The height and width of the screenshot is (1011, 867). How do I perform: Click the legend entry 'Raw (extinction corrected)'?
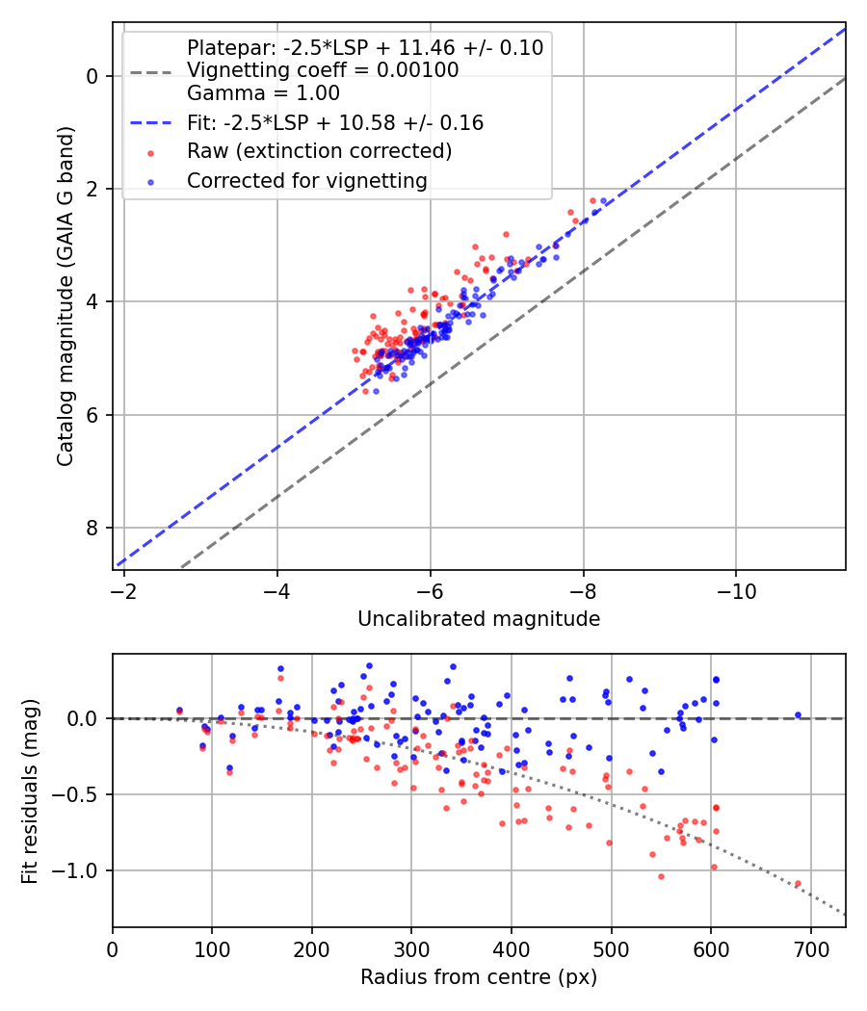pos(319,151)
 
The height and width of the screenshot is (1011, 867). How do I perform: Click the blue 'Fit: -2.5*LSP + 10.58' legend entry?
pos(335,123)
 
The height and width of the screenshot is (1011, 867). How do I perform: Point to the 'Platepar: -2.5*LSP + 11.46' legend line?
pos(365,47)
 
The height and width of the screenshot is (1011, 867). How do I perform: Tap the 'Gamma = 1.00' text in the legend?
pos(263,93)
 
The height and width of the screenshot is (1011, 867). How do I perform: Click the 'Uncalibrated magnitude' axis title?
pos(479,619)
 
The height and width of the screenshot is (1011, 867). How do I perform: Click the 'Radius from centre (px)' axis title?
pos(479,977)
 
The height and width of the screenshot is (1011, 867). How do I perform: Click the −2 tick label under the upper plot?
pos(124,589)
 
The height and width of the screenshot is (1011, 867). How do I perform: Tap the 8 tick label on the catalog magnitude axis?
pos(92,528)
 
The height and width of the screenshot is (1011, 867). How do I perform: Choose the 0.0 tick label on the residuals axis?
pos(88,718)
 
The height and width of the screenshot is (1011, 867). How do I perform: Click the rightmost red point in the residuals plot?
pos(798,883)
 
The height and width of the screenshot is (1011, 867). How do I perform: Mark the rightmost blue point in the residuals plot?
pos(798,715)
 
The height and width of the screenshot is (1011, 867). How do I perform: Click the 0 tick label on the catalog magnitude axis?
pos(92,76)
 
